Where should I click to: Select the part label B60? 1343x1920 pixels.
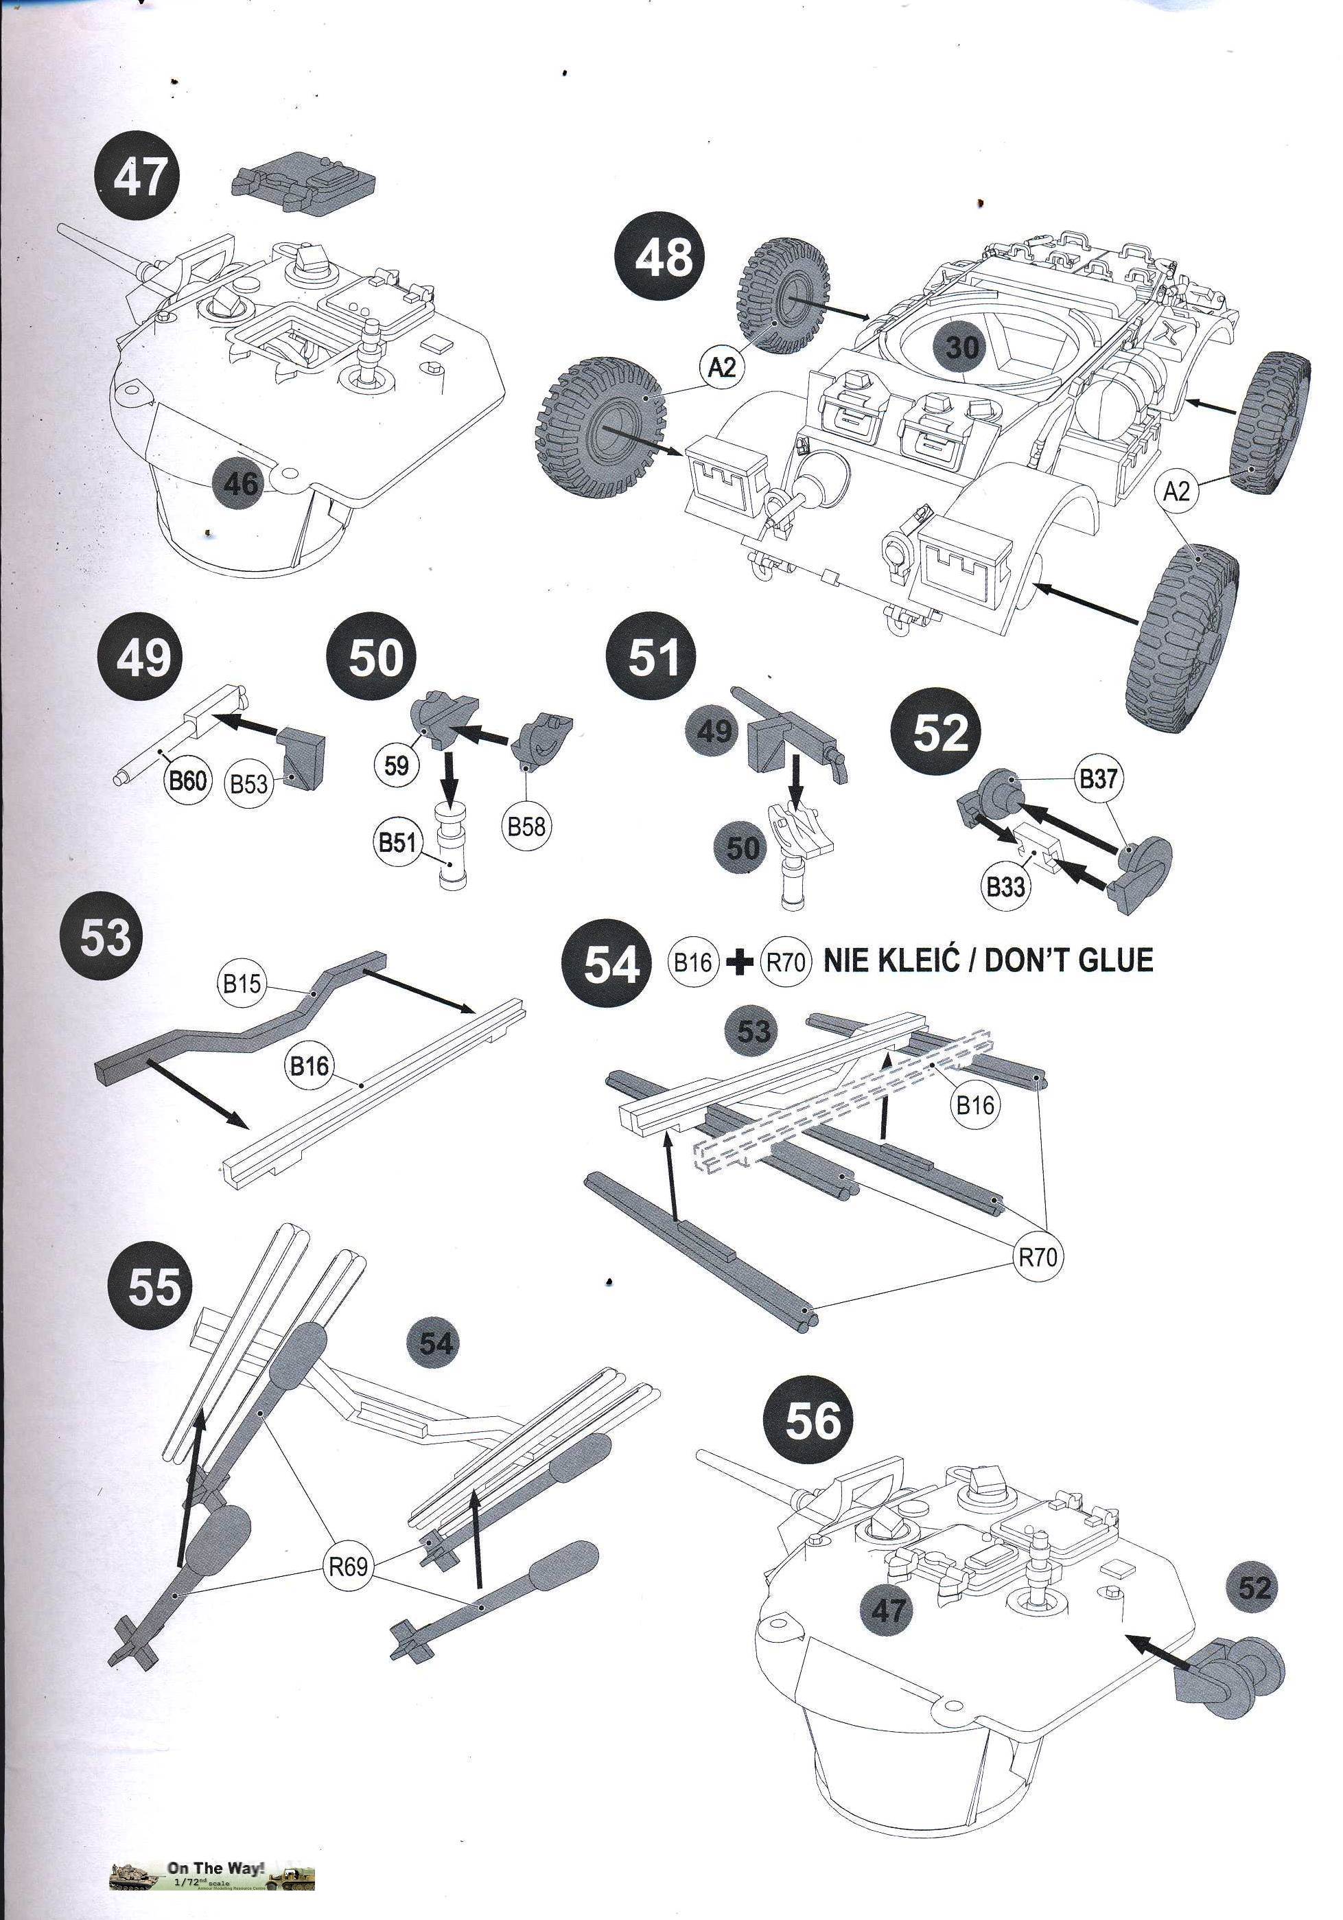coord(188,781)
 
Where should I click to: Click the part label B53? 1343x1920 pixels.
coord(249,785)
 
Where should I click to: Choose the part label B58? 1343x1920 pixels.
coord(526,826)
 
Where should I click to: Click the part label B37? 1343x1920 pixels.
coord(1098,778)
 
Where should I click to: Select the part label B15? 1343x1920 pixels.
coord(242,984)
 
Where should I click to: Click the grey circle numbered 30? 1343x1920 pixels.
coord(961,346)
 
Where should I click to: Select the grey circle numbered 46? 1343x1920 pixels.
coord(241,484)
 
